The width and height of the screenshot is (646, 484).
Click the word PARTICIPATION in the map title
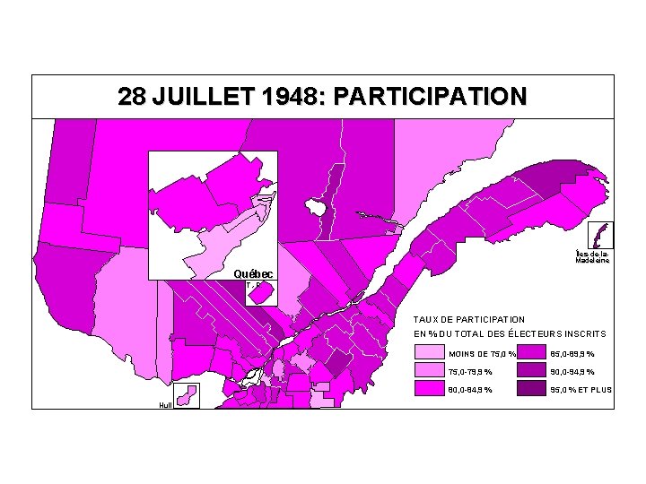(x=428, y=97)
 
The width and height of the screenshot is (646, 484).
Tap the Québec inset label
(x=255, y=273)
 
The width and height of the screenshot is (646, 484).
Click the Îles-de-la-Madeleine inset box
(x=600, y=235)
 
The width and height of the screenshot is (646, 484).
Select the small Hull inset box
(x=187, y=394)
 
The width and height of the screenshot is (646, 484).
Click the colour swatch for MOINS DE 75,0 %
(x=429, y=353)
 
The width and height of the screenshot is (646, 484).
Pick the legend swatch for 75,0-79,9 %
(x=429, y=371)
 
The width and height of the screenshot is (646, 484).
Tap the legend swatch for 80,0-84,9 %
(x=429, y=389)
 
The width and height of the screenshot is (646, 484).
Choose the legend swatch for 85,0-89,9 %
(x=533, y=353)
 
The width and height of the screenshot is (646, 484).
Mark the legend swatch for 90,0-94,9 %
(x=533, y=371)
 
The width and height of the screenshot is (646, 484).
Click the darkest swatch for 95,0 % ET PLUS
(x=533, y=389)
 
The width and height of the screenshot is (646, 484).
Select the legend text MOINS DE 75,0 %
(x=482, y=354)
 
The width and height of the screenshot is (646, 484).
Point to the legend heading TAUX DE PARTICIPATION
(x=469, y=319)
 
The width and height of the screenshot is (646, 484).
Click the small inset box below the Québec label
(x=259, y=292)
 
